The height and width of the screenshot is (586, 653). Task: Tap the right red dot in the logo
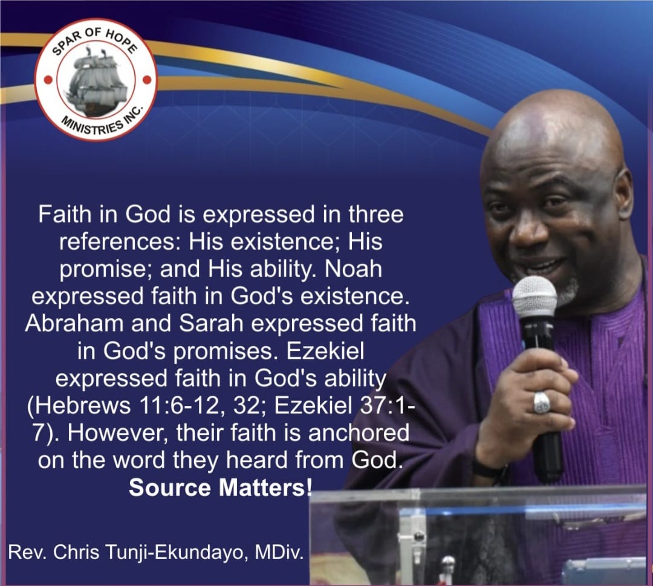tap(146, 79)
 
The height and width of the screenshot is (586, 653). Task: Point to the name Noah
tap(353, 269)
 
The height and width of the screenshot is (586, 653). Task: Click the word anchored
tap(359, 433)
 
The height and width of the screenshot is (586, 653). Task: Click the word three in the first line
tap(375, 214)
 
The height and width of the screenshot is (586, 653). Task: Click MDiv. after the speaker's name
tap(279, 553)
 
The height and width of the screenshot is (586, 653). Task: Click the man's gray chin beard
tap(567, 291)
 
